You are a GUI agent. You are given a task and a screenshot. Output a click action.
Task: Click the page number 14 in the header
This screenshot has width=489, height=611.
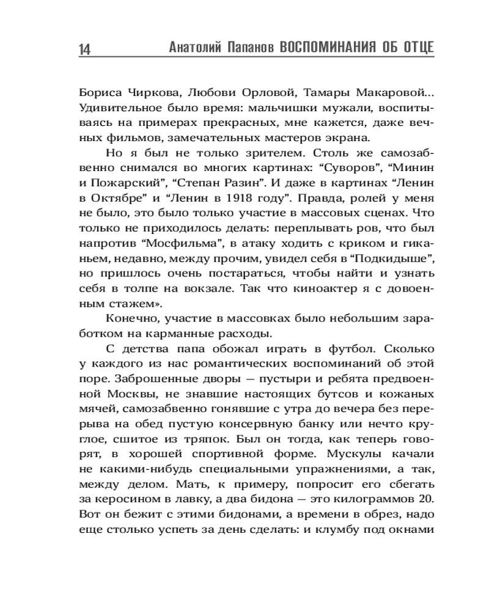click(85, 49)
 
